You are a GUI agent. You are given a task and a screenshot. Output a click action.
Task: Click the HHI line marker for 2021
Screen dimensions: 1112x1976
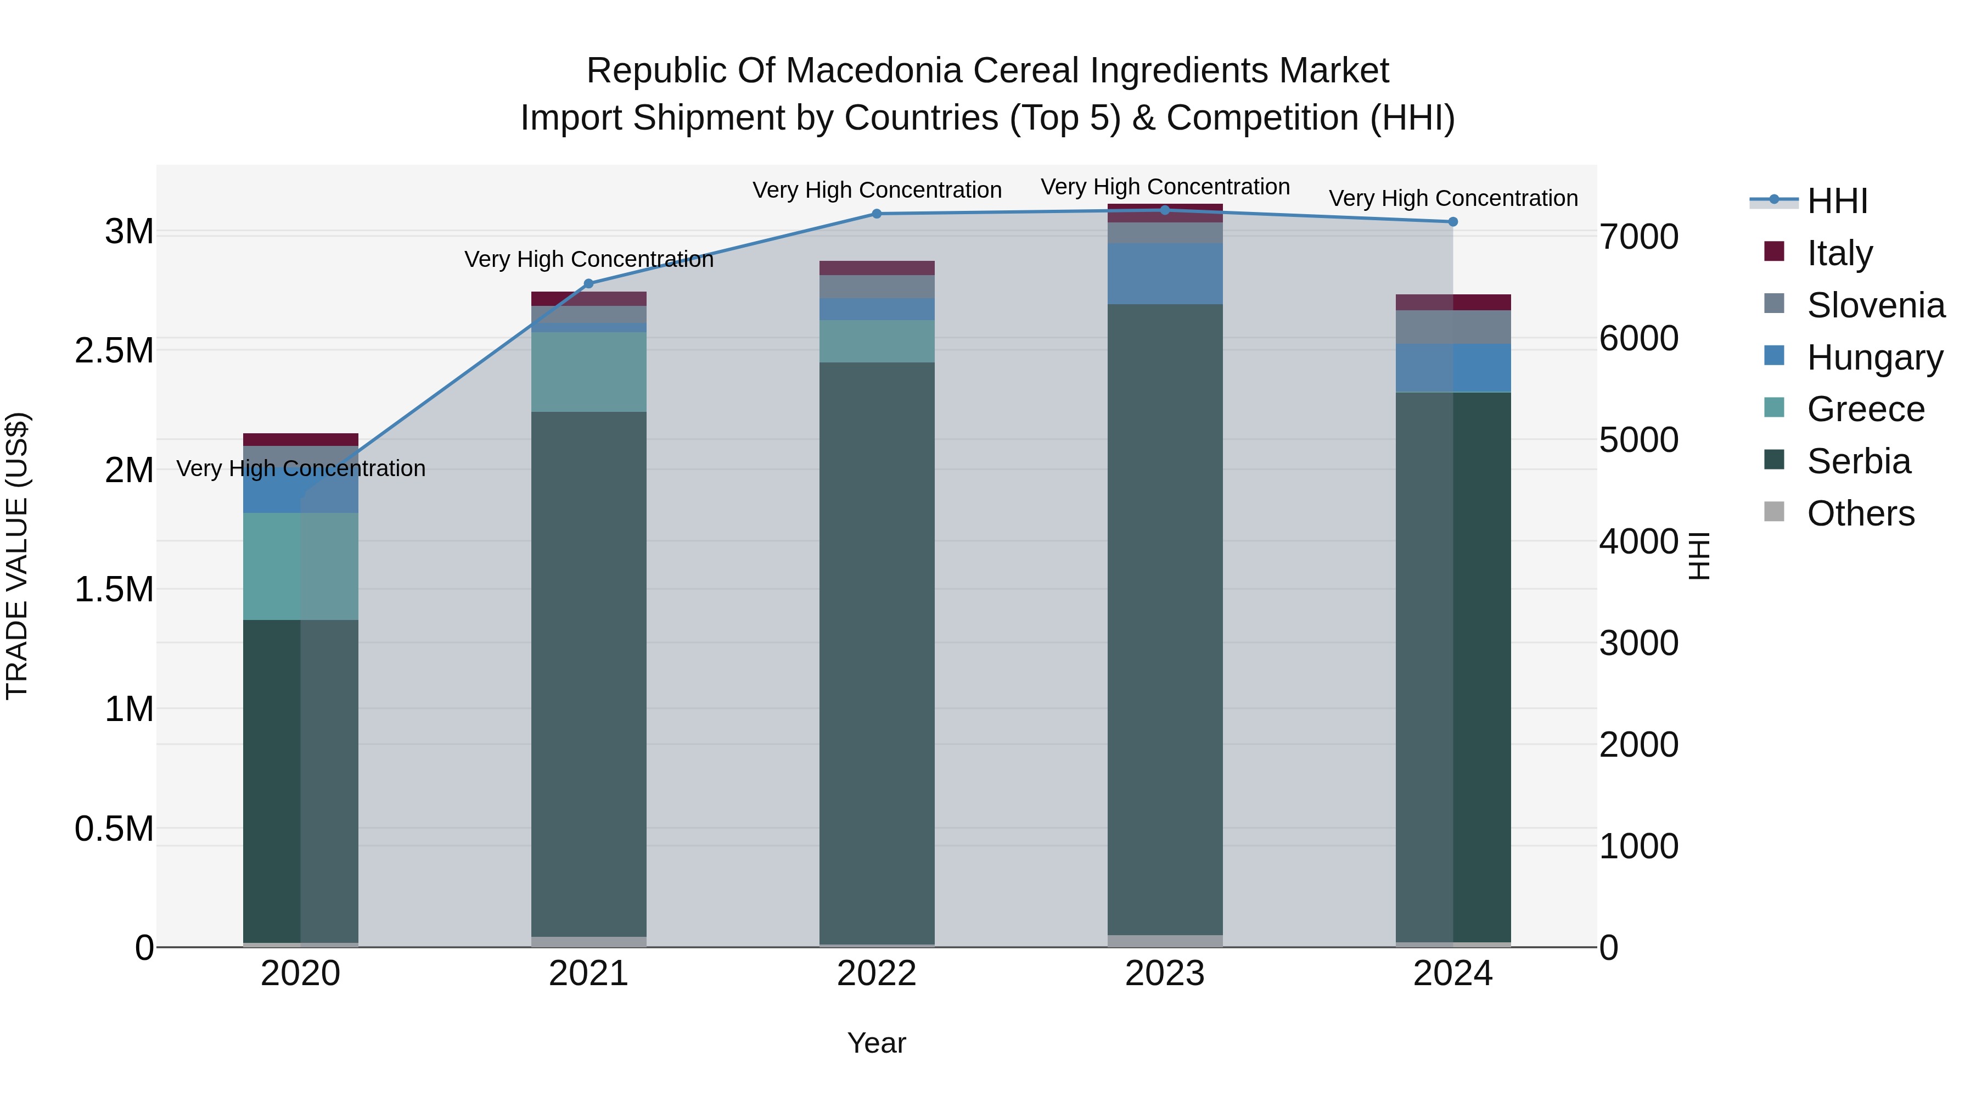pos(588,284)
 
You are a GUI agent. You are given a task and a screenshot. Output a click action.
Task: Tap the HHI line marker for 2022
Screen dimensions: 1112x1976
pos(877,214)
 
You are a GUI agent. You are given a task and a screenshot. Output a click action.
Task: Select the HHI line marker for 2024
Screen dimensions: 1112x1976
pos(1453,222)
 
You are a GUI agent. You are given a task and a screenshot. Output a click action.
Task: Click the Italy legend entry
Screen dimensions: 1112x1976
pos(1839,253)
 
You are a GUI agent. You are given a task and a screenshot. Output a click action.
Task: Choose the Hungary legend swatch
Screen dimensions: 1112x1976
pos(1774,356)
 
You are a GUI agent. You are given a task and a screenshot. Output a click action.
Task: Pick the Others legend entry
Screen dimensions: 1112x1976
pos(1860,513)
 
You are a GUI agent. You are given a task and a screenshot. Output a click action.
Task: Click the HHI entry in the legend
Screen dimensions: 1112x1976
pos(1837,201)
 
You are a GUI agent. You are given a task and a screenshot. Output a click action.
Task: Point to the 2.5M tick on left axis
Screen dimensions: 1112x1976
pos(114,351)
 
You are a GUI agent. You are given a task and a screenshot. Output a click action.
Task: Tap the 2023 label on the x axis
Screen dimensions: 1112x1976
pos(1164,974)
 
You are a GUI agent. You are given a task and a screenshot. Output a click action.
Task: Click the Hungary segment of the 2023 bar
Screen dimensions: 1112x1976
pos(1164,274)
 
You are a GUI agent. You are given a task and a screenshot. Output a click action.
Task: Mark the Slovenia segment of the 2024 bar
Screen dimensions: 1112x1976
pos(1453,328)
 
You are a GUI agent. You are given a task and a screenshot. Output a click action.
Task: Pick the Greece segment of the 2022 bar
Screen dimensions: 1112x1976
pos(877,342)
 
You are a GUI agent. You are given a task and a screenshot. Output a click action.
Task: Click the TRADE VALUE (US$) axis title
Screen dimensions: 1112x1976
pos(18,556)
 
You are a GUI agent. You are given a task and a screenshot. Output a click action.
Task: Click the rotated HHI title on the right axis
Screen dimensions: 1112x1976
pos(1698,556)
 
